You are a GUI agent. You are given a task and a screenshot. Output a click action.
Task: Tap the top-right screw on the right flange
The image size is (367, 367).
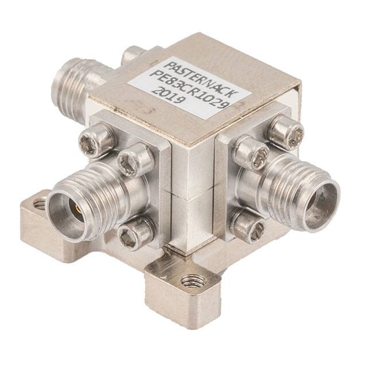[x=286, y=133]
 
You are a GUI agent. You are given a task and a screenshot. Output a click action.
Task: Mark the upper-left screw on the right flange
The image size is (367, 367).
[x=252, y=153]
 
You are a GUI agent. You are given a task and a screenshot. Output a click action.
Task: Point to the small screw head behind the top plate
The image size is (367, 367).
[x=133, y=54]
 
